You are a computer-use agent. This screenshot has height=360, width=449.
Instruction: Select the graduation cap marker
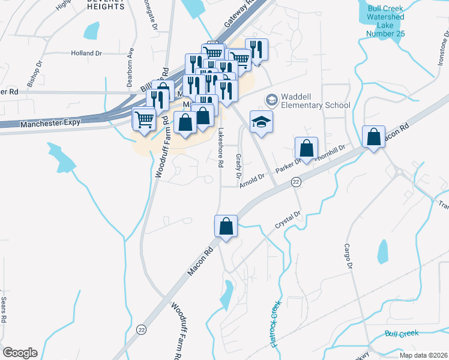click(261, 122)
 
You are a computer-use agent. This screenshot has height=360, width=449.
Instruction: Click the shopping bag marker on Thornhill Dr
click(306, 149)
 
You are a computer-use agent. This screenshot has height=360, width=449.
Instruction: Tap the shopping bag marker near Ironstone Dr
click(374, 137)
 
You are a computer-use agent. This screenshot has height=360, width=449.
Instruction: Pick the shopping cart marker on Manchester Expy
click(144, 119)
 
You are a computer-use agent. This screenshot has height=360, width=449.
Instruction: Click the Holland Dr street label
click(86, 53)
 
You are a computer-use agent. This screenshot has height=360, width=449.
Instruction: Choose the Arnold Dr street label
click(252, 179)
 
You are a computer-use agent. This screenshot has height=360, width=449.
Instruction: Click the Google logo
click(20, 353)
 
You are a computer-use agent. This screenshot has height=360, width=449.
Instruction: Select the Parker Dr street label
click(289, 166)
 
